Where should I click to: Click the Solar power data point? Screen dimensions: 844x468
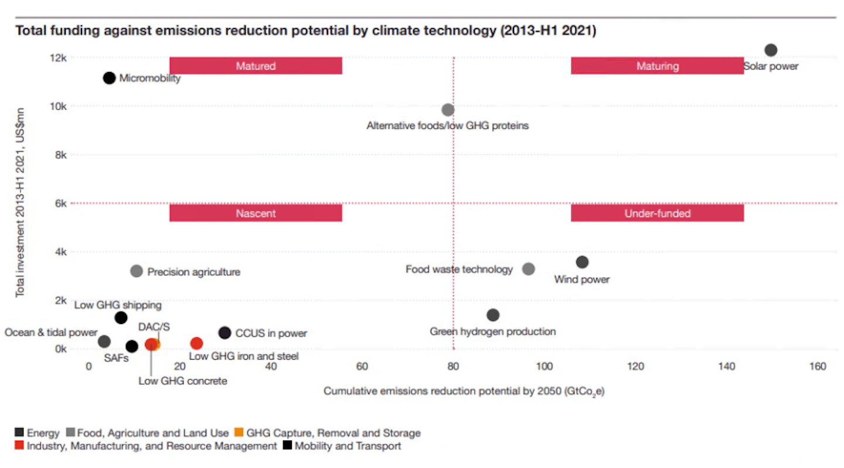click(771, 50)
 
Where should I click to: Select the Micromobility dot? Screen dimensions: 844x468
click(109, 78)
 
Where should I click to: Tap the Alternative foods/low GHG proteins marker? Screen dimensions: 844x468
click(448, 110)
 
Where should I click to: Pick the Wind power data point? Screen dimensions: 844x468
click(582, 262)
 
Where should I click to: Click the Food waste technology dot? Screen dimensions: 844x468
click(528, 269)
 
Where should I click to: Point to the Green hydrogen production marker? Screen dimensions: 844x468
click(493, 315)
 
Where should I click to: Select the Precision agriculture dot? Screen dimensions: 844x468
click(137, 271)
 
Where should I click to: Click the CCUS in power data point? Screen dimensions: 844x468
click(224, 333)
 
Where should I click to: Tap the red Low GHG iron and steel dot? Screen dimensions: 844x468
click(196, 343)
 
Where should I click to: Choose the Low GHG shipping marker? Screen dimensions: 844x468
click(121, 318)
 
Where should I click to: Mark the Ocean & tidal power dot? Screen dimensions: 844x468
click(104, 341)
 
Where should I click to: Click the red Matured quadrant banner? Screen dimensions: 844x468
click(256, 66)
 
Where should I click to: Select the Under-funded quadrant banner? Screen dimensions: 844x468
click(658, 213)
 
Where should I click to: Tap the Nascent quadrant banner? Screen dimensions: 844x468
click(256, 213)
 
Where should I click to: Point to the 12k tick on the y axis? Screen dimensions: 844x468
click(58, 58)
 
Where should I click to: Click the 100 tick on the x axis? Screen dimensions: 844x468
click(544, 366)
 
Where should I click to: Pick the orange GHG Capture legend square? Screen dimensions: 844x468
click(239, 432)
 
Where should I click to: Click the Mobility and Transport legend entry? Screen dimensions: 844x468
click(342, 446)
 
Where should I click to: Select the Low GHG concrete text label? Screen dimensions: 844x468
click(183, 381)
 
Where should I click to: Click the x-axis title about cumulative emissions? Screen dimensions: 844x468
click(464, 392)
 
